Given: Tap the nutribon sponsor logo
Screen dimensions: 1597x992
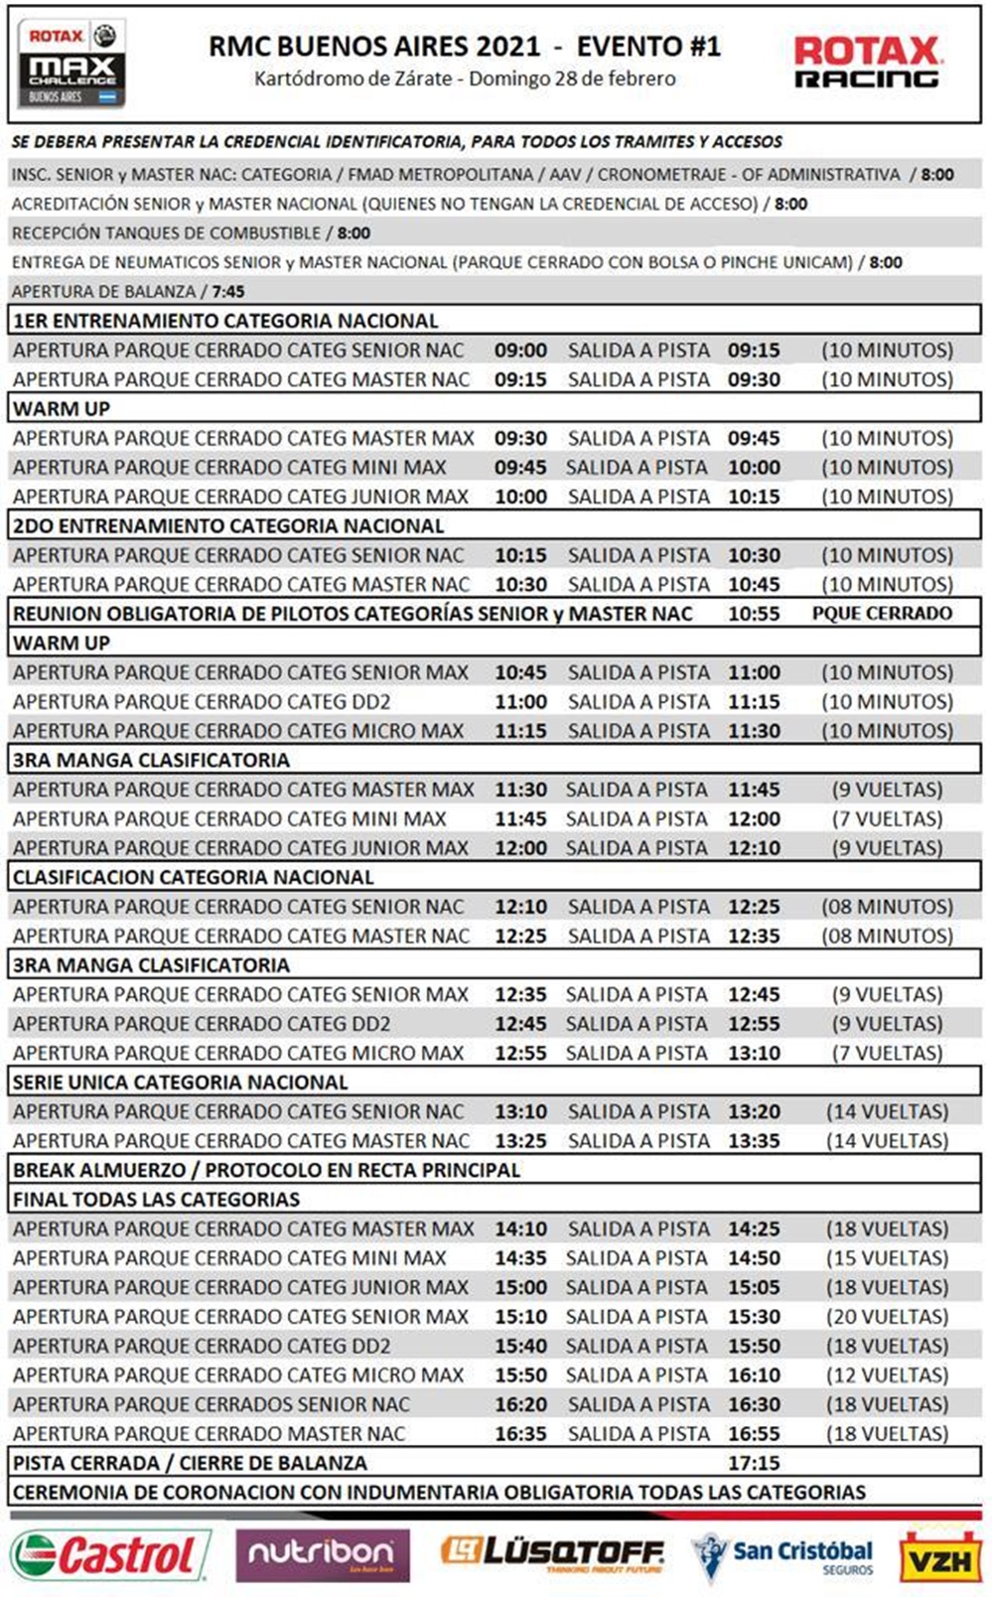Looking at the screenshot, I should pos(323,1554).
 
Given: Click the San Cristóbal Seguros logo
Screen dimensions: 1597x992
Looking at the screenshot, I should pos(783,1555).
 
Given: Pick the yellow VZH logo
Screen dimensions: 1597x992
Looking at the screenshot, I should pos(939,1557).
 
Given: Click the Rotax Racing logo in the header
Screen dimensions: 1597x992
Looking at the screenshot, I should pos(866,62).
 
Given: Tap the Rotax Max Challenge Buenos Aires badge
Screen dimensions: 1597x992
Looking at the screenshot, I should pos(71,63).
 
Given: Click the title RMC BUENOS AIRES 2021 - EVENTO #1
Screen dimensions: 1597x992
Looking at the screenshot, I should pos(465,46).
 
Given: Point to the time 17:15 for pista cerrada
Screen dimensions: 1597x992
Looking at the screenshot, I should pos(754,1463).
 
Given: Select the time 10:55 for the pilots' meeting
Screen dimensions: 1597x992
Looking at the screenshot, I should pos(754,614).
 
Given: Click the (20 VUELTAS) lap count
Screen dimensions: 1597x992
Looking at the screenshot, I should pos(887,1317).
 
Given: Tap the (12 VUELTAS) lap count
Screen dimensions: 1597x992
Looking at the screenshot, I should pos(887,1376).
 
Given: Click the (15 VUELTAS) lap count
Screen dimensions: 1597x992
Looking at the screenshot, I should pos(887,1258).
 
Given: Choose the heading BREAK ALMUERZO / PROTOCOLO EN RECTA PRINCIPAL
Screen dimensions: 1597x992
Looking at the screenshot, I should pos(266,1170).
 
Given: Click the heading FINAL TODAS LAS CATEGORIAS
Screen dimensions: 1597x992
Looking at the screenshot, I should pos(156,1200).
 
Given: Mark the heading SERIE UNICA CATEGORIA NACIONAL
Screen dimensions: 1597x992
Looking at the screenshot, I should pos(180,1083).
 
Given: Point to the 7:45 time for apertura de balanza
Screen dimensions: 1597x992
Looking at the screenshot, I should pos(227,292).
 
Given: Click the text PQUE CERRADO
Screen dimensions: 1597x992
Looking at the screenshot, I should pos(882,614).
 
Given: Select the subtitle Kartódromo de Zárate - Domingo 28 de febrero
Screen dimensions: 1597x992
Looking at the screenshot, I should pos(465,78).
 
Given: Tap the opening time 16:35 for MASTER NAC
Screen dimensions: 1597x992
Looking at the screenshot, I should pos(521,1434).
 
